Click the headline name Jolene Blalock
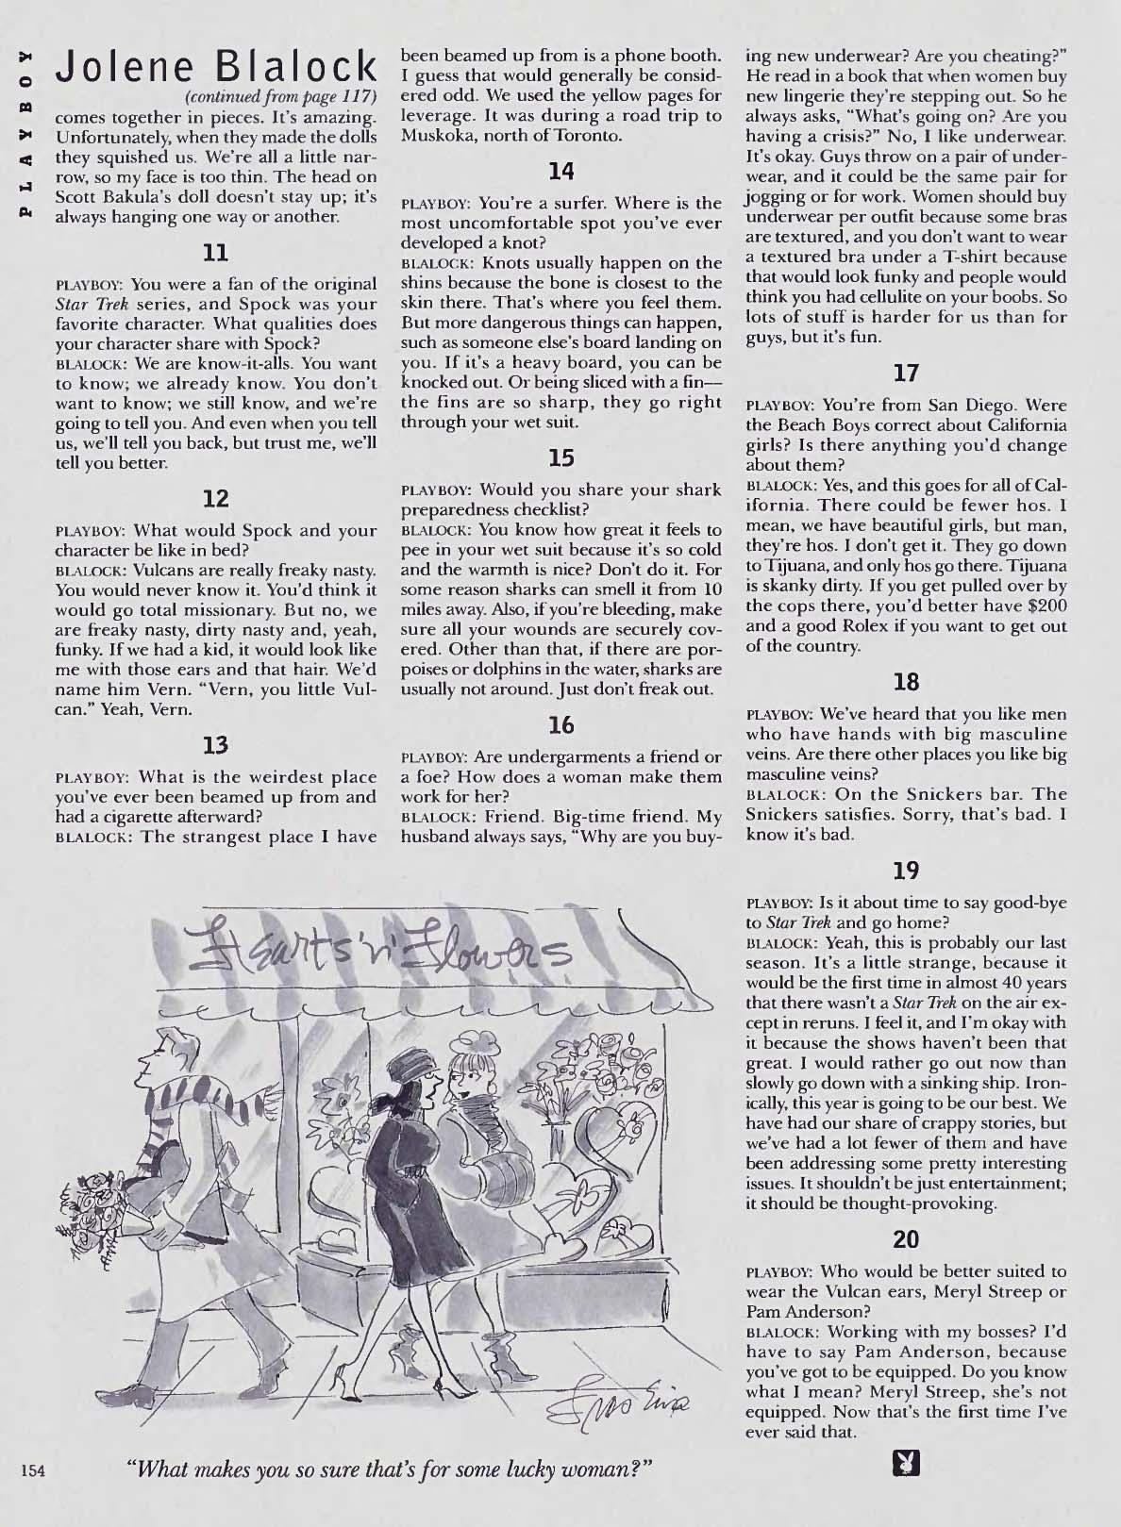point(216,67)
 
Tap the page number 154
point(33,1470)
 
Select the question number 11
point(215,254)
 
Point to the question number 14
point(561,172)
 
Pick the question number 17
point(906,373)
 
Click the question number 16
point(561,725)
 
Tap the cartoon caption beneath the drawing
point(391,1469)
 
